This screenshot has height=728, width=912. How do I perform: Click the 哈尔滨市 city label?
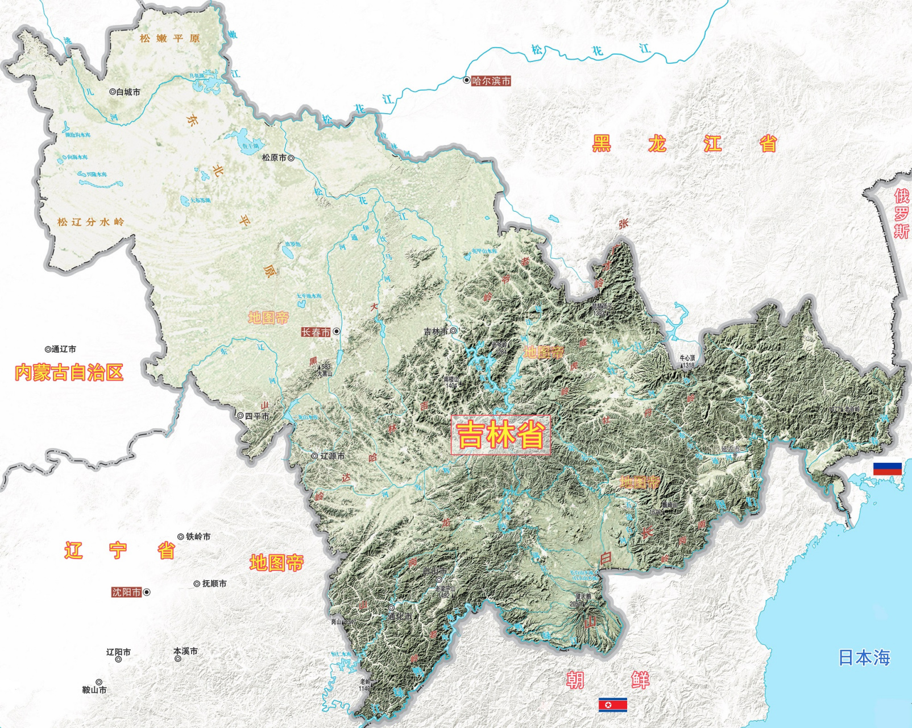point(491,81)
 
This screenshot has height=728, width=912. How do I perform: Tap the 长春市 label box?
point(316,332)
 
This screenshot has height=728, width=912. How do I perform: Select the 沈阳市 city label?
point(126,592)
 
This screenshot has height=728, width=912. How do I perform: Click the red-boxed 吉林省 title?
point(501,435)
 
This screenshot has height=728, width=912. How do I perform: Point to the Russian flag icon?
point(888,469)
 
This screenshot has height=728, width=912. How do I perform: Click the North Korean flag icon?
point(612,705)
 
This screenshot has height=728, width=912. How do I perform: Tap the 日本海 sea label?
point(864,657)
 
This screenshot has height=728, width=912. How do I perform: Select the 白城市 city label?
point(128,92)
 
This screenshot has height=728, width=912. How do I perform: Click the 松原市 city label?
point(274,158)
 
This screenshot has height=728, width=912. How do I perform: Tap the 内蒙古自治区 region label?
point(69,373)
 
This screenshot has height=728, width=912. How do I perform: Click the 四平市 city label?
point(257,416)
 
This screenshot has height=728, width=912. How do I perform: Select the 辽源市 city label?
point(332,456)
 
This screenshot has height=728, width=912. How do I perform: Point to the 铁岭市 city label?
point(198,536)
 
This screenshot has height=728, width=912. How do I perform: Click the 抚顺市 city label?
point(214,584)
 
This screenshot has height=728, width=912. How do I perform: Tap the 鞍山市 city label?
point(94,690)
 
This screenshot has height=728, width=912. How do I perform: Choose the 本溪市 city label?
point(185,651)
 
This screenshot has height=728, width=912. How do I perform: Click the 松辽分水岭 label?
point(90,222)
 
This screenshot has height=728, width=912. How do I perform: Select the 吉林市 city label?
point(436,331)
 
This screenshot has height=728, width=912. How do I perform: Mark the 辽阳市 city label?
point(118,652)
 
